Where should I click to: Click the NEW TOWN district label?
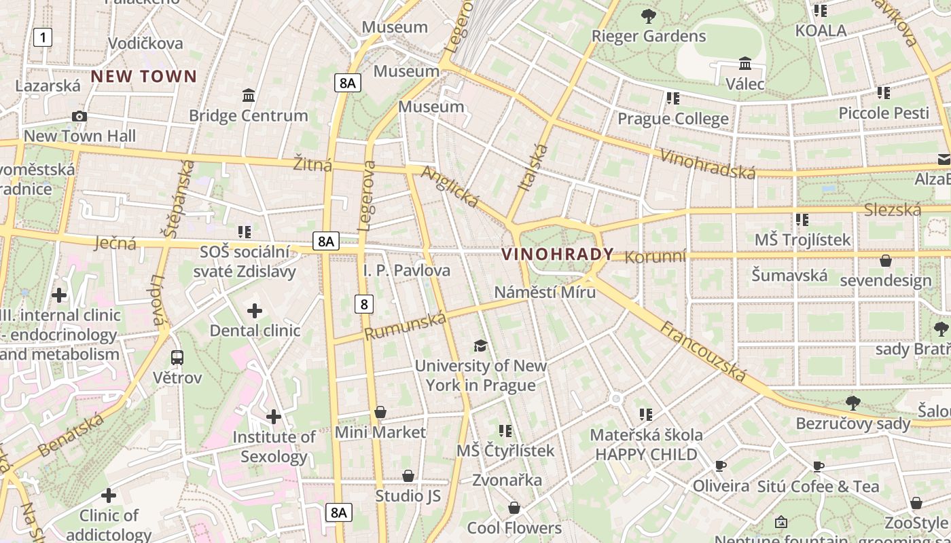[144, 76]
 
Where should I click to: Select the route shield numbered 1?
[43, 37]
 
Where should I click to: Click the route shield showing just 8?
[364, 304]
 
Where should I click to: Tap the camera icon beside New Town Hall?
[79, 117]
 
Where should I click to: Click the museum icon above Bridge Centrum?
[249, 96]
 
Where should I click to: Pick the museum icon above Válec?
[745, 64]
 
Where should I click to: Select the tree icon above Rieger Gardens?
[649, 16]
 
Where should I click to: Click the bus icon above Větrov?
[177, 357]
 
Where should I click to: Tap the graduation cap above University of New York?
[481, 345]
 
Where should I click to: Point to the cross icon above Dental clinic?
[255, 311]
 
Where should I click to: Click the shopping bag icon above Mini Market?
[380, 412]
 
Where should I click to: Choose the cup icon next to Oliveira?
[721, 466]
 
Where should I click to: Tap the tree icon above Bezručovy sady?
[853, 403]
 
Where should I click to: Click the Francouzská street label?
[702, 352]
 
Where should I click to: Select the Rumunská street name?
[406, 326]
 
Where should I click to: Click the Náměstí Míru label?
[545, 292]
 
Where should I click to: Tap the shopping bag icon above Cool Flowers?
[514, 508]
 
